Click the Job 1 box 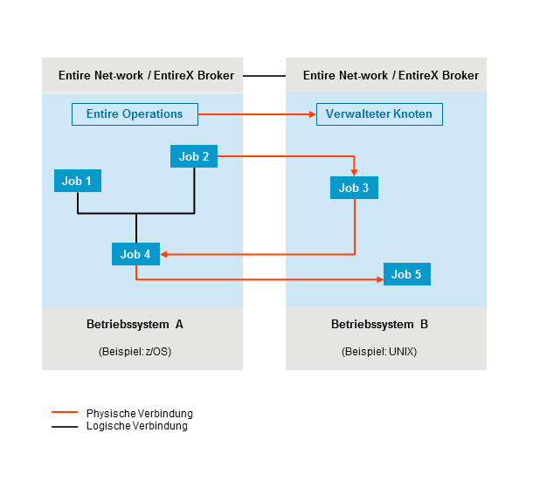[x=77, y=182]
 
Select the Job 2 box [x=193, y=157]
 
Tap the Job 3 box [x=354, y=188]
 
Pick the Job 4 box [x=135, y=254]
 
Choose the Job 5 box [x=406, y=274]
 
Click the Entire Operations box [x=135, y=114]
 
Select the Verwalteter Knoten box [x=379, y=114]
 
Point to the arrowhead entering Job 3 [x=354, y=173]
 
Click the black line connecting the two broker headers [x=264, y=76]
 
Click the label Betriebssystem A [x=135, y=324]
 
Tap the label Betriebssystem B [x=379, y=324]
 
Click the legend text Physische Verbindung [x=140, y=413]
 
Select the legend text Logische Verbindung [x=137, y=426]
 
